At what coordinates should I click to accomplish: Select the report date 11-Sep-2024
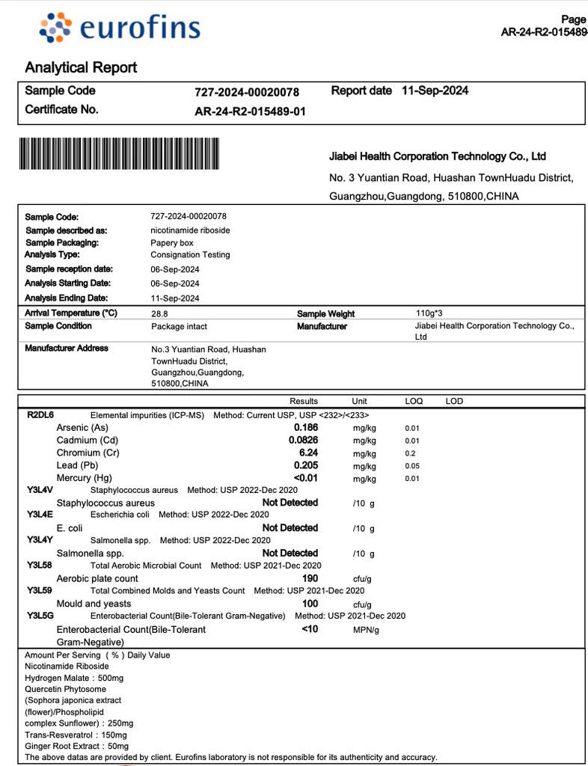tap(435, 91)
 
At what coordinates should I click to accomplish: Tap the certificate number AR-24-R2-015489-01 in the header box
tap(250, 111)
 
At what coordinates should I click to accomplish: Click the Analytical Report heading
tap(81, 67)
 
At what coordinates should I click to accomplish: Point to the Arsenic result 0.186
tap(306, 427)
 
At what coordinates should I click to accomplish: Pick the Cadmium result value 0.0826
tap(303, 440)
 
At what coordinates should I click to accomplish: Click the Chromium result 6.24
tap(308, 453)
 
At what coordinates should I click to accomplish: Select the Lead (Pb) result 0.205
tap(306, 465)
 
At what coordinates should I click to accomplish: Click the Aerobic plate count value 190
tap(310, 578)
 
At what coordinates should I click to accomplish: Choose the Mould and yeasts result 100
tap(310, 603)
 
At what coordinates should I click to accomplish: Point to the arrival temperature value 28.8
tap(159, 313)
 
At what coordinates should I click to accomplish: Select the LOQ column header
tap(414, 401)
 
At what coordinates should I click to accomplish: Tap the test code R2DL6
tap(40, 414)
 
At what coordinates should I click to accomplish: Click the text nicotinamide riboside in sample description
tap(190, 230)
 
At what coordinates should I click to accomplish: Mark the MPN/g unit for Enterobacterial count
tap(366, 630)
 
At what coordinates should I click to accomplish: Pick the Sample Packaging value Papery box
tap(172, 242)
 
